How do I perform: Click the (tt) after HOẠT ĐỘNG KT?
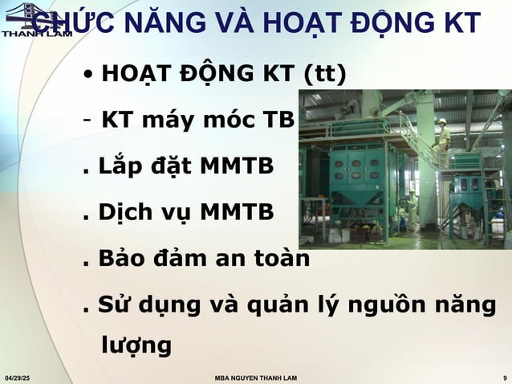[x=325, y=75]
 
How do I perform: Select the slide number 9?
[x=502, y=377]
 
